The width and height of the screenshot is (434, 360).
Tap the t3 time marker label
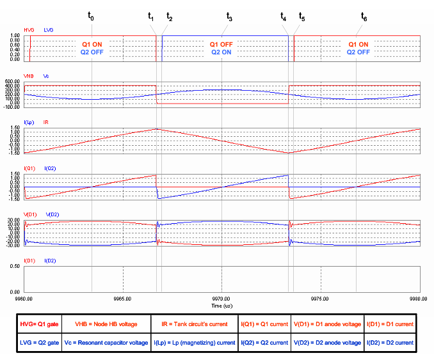click(x=229, y=17)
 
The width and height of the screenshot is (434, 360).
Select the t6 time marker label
click(x=364, y=17)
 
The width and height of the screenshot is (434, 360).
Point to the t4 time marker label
click(x=284, y=17)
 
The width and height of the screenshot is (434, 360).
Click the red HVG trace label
click(x=29, y=30)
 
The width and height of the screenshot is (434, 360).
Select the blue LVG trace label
click(x=49, y=30)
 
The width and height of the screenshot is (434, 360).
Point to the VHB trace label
click(x=29, y=75)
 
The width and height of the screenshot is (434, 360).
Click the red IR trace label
click(x=47, y=121)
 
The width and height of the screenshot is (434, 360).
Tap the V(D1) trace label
click(x=31, y=214)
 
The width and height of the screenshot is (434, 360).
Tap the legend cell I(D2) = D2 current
click(x=390, y=343)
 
